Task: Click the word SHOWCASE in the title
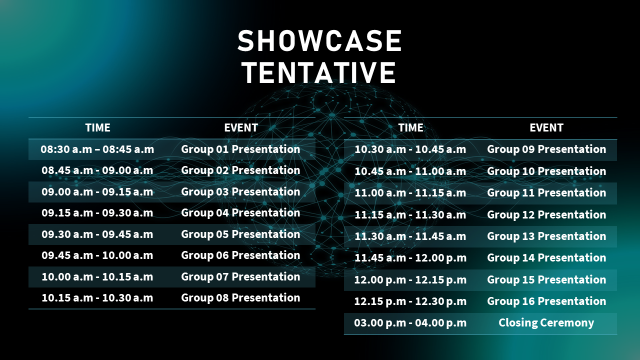click(319, 41)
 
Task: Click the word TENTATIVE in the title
click(319, 72)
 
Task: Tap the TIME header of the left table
click(97, 127)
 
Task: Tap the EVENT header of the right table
click(546, 127)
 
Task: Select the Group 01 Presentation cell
click(240, 149)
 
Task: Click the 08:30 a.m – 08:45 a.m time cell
click(97, 149)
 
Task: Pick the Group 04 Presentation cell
click(240, 213)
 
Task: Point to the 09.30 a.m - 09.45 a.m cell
click(97, 234)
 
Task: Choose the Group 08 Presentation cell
click(240, 298)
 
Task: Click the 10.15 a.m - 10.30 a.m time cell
click(97, 298)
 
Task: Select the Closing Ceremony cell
click(546, 323)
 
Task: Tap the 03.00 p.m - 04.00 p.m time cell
click(410, 323)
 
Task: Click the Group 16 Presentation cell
click(546, 301)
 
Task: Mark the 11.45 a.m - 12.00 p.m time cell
click(410, 258)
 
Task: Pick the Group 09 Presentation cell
click(546, 149)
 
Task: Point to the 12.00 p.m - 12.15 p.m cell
click(410, 279)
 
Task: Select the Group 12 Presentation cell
click(546, 214)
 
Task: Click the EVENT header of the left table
click(241, 127)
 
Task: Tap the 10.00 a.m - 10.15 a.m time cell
click(97, 277)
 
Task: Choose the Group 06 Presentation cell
click(240, 255)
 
